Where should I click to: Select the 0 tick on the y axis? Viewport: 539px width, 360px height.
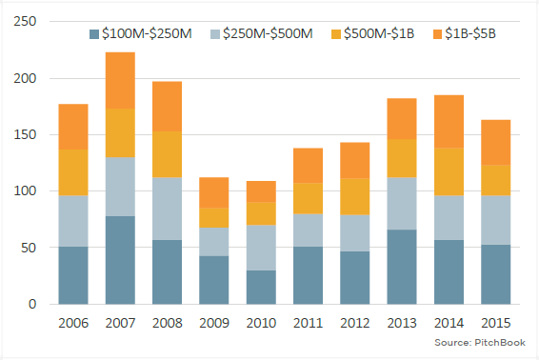[32, 305]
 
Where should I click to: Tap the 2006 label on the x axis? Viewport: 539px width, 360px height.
[74, 323]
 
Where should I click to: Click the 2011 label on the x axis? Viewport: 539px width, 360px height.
[309, 323]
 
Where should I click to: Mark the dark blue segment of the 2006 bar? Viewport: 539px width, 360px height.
[74, 275]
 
